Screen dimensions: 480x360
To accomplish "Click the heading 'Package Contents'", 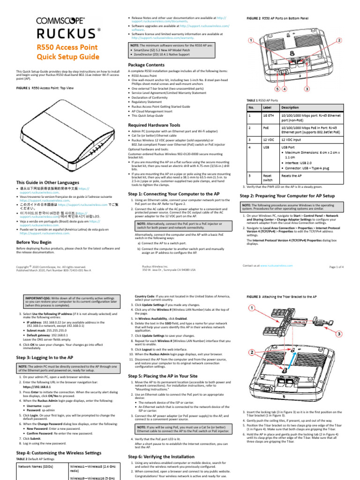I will point(146,65).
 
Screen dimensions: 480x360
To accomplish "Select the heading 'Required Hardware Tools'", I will point(154,125).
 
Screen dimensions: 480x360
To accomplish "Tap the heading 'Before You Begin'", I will point(34,241).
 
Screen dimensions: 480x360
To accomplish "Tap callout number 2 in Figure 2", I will point(338,41).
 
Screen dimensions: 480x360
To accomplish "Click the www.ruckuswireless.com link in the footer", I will point(280,265).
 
